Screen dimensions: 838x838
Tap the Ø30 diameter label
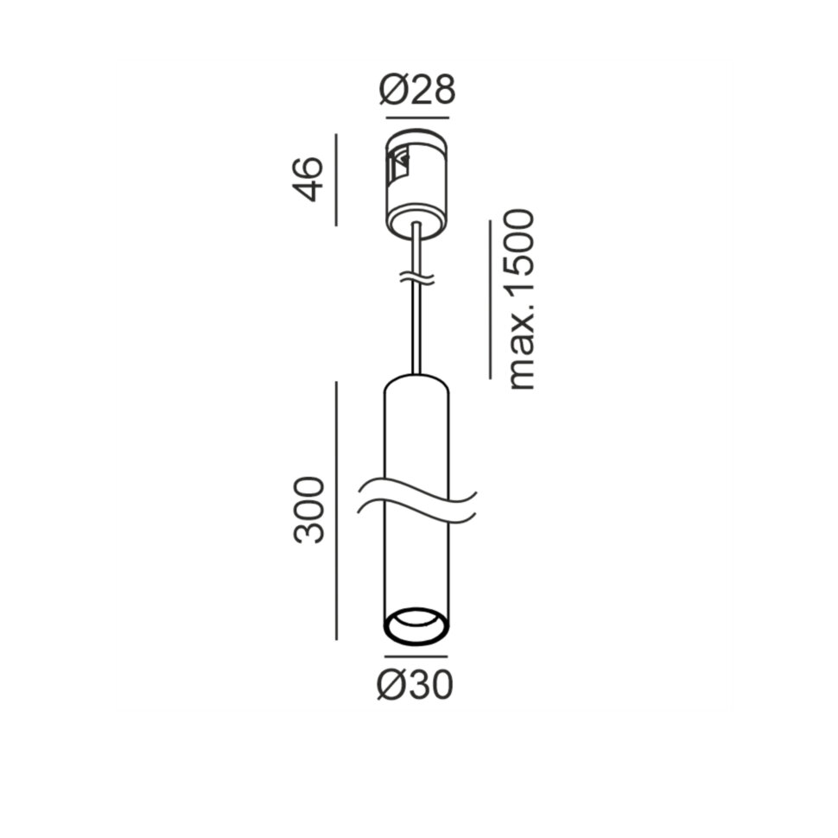point(415,684)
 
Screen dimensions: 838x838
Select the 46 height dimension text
point(309,179)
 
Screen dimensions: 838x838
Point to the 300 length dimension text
point(309,510)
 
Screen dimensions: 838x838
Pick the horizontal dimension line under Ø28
point(417,117)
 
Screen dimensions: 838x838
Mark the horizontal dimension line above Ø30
point(416,657)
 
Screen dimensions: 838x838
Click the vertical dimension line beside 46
point(336,180)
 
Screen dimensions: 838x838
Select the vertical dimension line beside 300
point(336,511)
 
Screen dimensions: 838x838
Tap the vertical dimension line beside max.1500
point(490,300)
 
